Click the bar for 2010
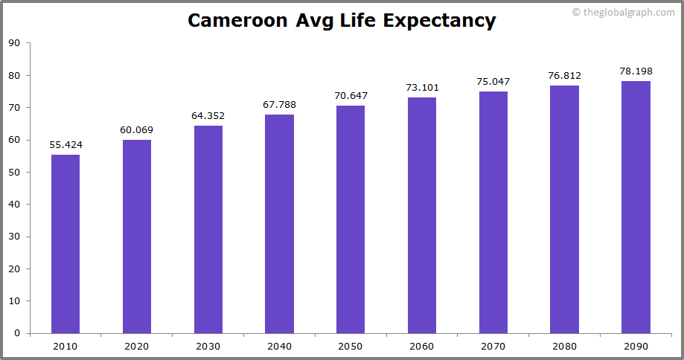65,244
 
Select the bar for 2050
351,219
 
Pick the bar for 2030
208,229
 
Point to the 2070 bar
493,212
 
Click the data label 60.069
137,130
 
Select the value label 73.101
422,88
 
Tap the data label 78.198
636,71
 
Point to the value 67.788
279,105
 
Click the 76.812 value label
564,76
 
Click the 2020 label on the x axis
137,347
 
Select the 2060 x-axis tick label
422,347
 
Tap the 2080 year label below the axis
564,347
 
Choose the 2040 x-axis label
279,347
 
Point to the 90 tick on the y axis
15,43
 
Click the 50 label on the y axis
15,172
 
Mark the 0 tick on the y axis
17,333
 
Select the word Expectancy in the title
439,21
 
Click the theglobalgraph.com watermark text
627,13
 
